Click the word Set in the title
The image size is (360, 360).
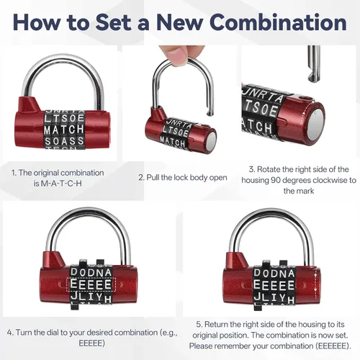coord(114,22)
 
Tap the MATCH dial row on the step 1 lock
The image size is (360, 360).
coord(64,130)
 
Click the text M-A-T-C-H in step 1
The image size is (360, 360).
coord(61,184)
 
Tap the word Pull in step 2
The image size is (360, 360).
coord(153,178)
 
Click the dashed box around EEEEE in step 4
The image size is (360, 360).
coord(91,284)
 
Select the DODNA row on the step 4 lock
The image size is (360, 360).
coord(91,272)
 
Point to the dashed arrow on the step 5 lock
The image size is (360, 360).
coord(316,283)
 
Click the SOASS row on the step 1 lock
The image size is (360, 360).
coord(64,141)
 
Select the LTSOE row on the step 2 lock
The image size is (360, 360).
coord(176,131)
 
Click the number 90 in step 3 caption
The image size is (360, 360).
coord(276,180)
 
